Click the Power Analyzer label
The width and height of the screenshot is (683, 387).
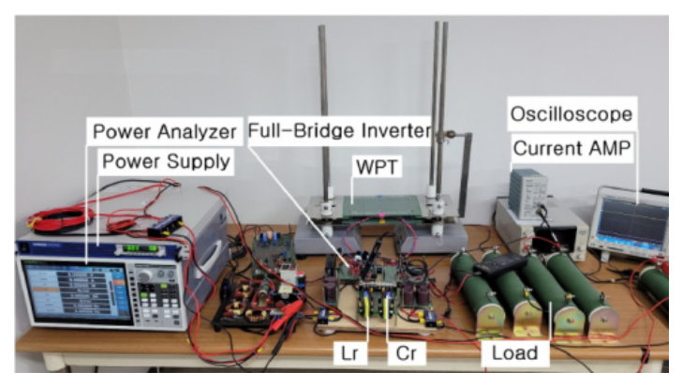tap(164, 131)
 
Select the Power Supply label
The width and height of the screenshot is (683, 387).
tap(166, 161)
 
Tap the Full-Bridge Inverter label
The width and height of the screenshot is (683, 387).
tap(340, 131)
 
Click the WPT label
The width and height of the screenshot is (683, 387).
tap(377, 168)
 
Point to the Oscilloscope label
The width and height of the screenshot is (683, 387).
tap(572, 114)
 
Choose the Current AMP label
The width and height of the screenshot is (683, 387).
tap(572, 148)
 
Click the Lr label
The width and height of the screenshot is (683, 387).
tap(349, 352)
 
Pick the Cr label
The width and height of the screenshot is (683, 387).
tap(406, 352)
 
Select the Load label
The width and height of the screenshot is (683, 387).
tap(515, 352)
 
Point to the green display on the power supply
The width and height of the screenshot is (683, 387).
tap(141, 249)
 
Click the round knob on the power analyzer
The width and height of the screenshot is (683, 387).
tap(144, 275)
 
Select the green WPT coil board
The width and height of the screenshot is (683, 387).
tap(382, 206)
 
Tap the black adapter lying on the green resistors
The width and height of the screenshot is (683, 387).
tap(500, 263)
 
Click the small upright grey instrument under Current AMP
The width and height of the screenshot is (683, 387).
tap(527, 193)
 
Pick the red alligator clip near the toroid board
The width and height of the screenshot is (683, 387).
tap(290, 309)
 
